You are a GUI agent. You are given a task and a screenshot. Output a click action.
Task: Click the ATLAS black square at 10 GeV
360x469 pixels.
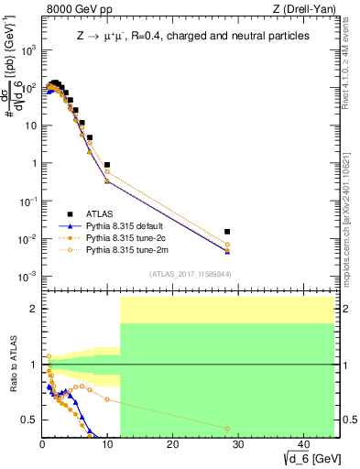107,165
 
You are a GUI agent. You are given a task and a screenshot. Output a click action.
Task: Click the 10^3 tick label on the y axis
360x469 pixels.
27,51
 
